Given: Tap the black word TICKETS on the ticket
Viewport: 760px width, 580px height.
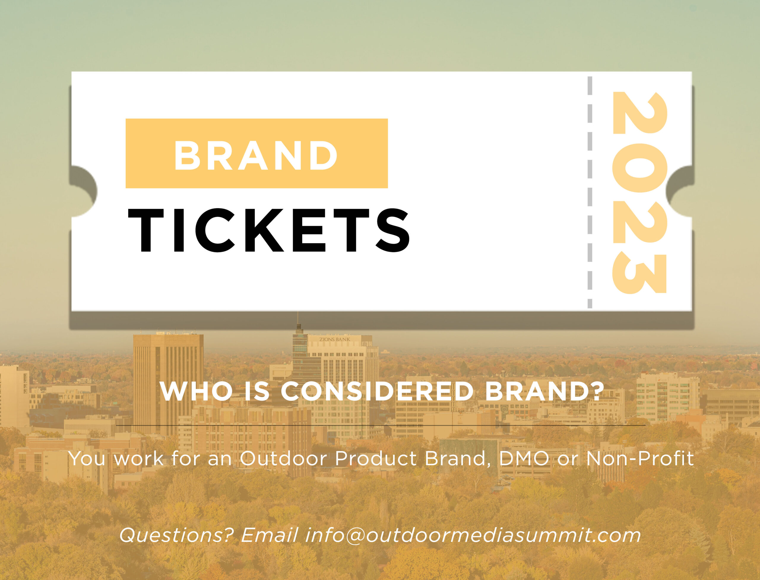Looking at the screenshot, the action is (x=269, y=230).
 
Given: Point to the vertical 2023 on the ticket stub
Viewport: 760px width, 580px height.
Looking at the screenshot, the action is (x=639, y=193).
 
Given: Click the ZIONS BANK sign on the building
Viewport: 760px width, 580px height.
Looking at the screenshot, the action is (x=335, y=339).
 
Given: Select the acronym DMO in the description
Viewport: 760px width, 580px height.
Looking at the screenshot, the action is (x=524, y=459).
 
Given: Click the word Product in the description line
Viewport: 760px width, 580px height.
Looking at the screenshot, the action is (x=376, y=459).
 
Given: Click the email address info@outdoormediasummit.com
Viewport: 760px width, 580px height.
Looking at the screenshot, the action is (x=473, y=535).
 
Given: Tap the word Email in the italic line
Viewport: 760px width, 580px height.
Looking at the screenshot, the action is (x=270, y=535).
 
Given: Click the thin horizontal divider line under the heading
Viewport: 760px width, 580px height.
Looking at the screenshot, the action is (x=381, y=426).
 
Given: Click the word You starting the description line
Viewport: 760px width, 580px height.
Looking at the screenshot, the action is (x=87, y=459).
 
